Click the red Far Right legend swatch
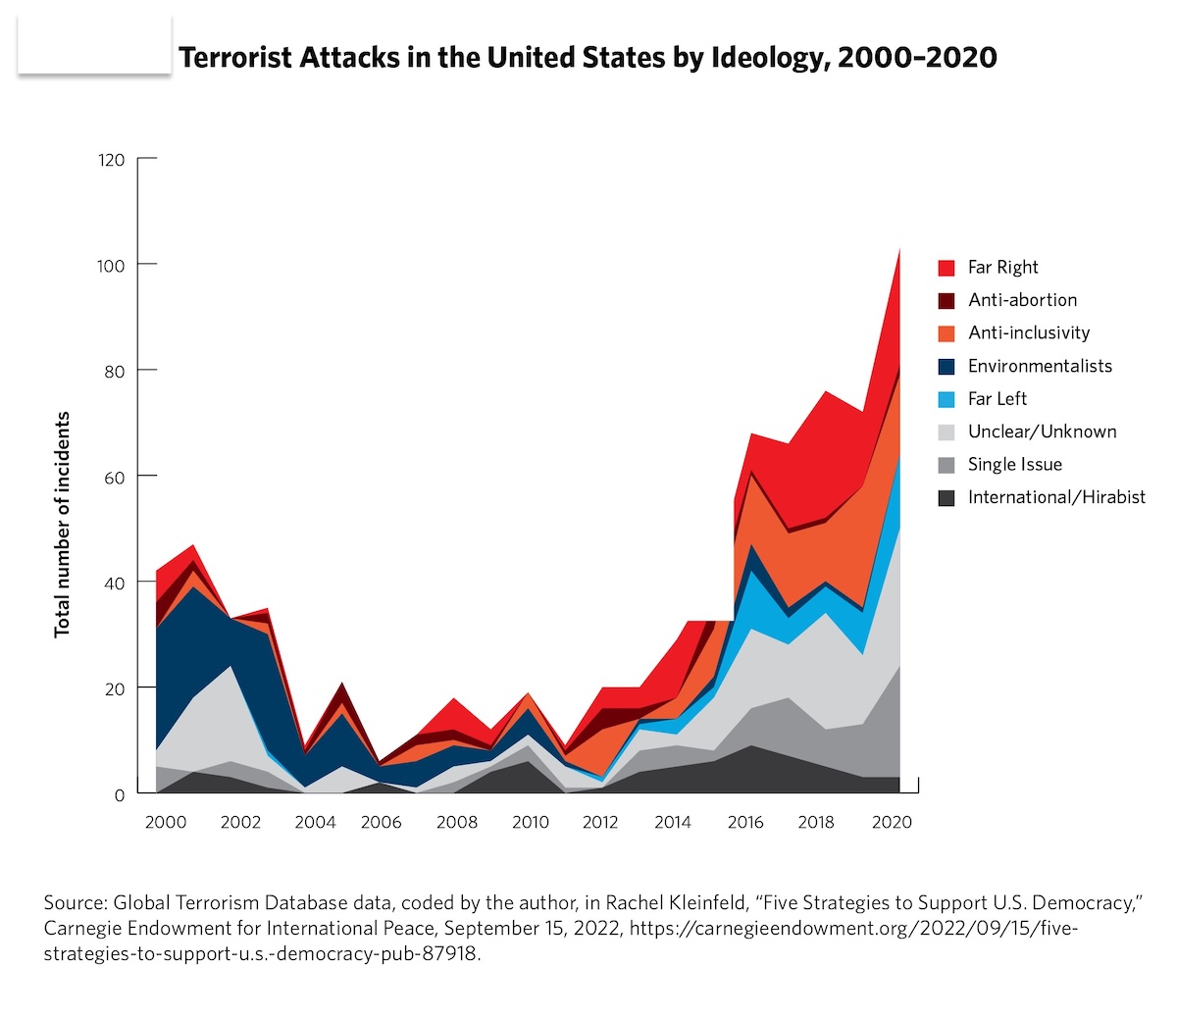tap(947, 268)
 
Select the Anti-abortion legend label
tap(1022, 300)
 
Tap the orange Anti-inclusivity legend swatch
tap(947, 333)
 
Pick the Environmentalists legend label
tap(1040, 366)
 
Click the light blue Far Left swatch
tap(947, 399)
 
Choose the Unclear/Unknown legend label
tap(1042, 432)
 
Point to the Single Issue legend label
tap(1014, 465)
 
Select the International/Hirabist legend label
tap(1056, 497)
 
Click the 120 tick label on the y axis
tap(112, 159)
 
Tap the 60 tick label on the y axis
tap(116, 478)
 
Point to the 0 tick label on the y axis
tap(120, 795)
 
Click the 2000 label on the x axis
tap(166, 822)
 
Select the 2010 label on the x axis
tap(531, 822)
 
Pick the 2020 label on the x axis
tap(892, 822)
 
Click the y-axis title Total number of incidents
tap(63, 524)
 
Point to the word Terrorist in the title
tap(235, 58)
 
